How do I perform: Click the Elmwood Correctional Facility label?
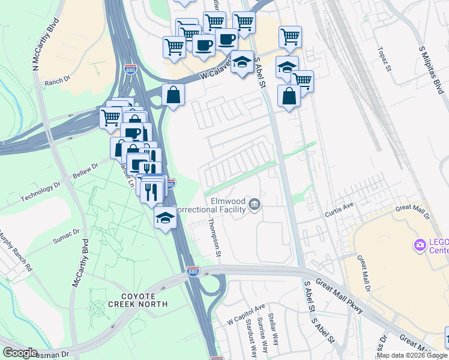pos(227,205)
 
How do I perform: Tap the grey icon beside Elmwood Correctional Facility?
pos(255,205)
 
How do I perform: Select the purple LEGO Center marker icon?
pos(420,244)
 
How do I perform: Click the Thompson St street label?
pos(214,239)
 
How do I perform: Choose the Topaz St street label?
pos(384,60)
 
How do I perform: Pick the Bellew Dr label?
pos(85,170)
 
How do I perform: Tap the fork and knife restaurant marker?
pos(151,191)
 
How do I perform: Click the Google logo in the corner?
pos(20,353)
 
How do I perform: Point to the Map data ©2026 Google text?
pos(412,355)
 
